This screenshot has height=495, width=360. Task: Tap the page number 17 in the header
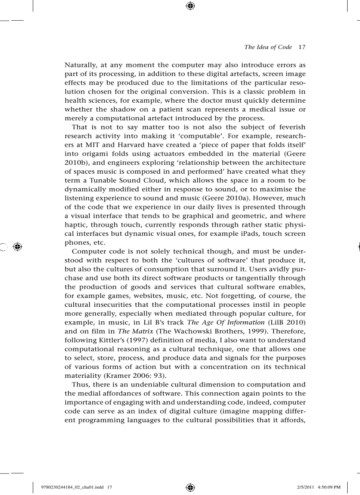click(302, 47)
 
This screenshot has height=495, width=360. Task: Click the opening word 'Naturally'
click(82, 65)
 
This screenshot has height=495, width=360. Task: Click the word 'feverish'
click(290, 127)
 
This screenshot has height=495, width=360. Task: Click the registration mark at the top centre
click(190, 6)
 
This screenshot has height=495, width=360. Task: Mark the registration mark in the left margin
click(17, 247)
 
